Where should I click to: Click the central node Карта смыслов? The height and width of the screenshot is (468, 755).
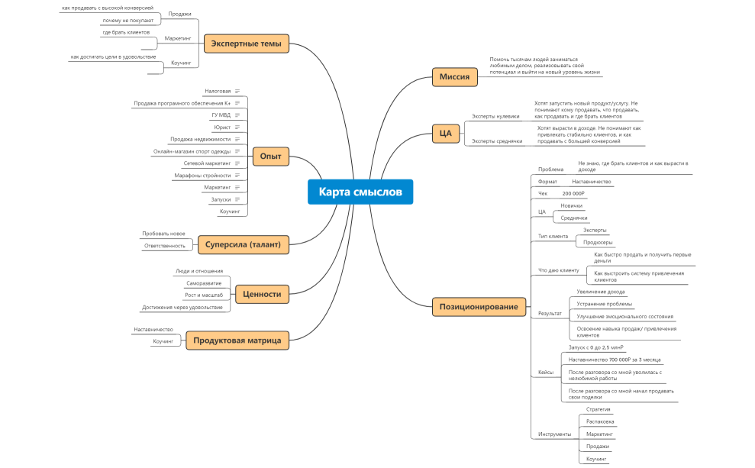pyautogui.click(x=360, y=192)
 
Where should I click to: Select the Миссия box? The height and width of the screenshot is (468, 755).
pyautogui.click(x=454, y=77)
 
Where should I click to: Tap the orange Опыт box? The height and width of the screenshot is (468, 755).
pyautogui.click(x=270, y=157)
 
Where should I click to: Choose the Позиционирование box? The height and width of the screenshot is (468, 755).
pyautogui.click(x=479, y=307)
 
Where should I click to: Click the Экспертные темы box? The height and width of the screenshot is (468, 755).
pyautogui.click(x=246, y=44)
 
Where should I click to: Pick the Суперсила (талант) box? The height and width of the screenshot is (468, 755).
pyautogui.click(x=243, y=244)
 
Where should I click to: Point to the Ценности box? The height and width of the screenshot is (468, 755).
pyautogui.click(x=262, y=294)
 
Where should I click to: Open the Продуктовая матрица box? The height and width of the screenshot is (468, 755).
pyautogui.click(x=237, y=341)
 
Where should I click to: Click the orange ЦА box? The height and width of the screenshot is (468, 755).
pyautogui.click(x=446, y=134)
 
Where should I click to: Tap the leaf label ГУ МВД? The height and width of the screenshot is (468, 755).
pyautogui.click(x=221, y=115)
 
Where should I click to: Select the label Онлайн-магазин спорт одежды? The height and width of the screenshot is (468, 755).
pyautogui.click(x=192, y=151)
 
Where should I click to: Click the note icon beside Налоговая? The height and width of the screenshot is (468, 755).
pyautogui.click(x=237, y=91)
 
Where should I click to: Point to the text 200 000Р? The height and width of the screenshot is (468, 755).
pyautogui.click(x=573, y=194)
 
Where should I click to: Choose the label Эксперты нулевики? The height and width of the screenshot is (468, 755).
pyautogui.click(x=495, y=116)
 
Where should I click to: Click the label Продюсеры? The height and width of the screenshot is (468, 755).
pyautogui.click(x=598, y=243)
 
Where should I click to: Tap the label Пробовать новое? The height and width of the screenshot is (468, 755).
pyautogui.click(x=163, y=234)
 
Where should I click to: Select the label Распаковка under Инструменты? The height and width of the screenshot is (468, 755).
pyautogui.click(x=600, y=421)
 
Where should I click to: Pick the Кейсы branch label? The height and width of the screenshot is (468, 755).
pyautogui.click(x=546, y=372)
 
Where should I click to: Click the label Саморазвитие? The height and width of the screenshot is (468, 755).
pyautogui.click(x=204, y=283)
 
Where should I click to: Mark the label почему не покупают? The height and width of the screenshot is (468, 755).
pyautogui.click(x=127, y=21)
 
